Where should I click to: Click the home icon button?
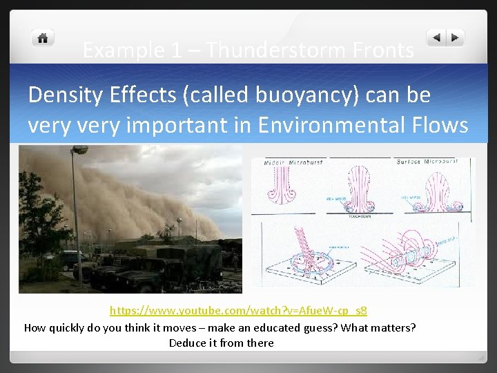(43, 38)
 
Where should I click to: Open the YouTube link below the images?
(238, 311)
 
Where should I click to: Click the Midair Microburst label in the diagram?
(289, 162)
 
